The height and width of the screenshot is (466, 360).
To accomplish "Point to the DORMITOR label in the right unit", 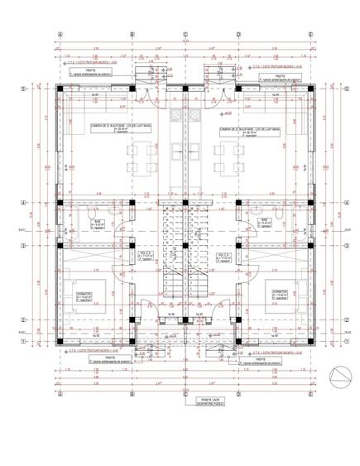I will (278, 293).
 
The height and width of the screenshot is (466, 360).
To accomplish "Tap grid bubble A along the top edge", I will (60, 35).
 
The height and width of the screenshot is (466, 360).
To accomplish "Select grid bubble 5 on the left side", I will (22, 88).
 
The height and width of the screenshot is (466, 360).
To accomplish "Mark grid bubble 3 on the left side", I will (22, 246).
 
